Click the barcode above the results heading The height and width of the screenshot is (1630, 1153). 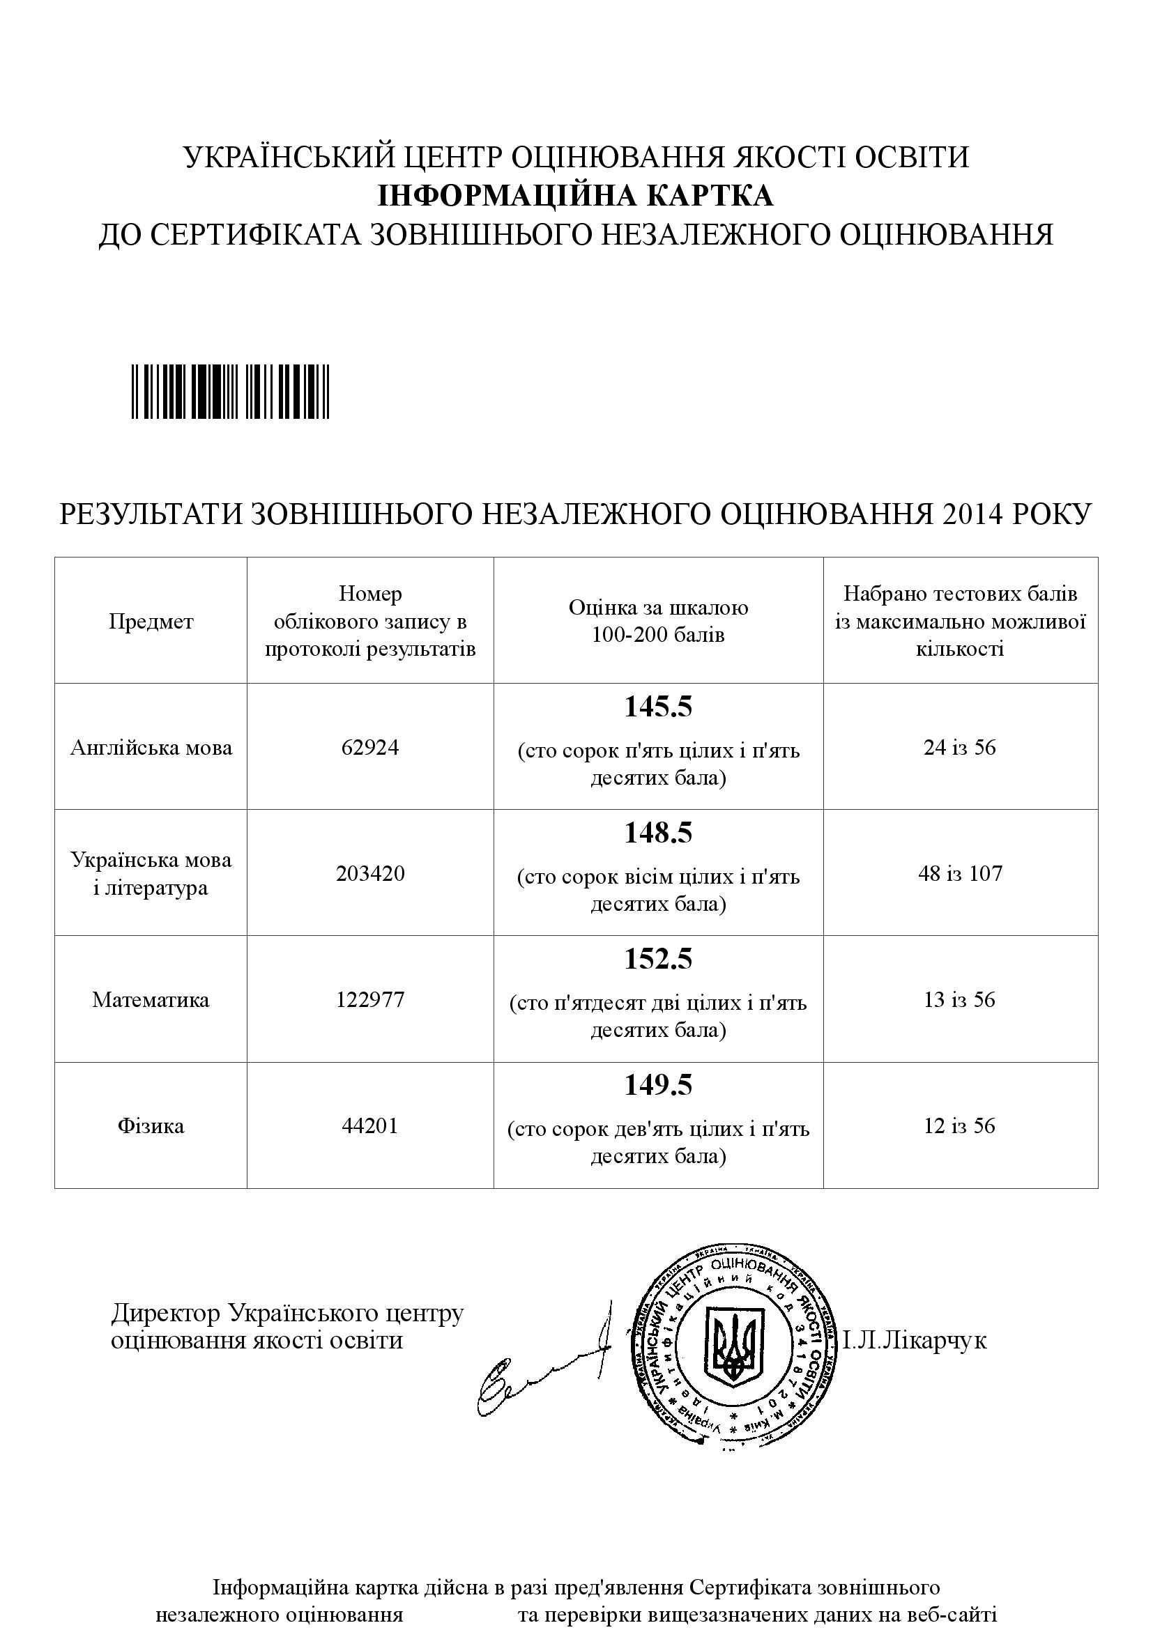[230, 391]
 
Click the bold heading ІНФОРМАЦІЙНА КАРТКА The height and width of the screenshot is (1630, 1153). [575, 196]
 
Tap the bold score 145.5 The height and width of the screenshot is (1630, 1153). [658, 708]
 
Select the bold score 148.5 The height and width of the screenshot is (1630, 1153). [658, 833]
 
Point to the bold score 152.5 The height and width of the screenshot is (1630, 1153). [658, 960]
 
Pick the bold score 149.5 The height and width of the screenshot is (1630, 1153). [658, 1086]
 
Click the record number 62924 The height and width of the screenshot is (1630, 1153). [370, 748]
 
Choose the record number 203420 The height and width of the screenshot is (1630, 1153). [370, 873]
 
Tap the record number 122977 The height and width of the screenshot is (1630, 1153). [370, 999]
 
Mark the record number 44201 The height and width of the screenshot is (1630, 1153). [370, 1126]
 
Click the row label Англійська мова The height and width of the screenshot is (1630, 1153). [151, 748]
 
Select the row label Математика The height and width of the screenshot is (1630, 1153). [151, 999]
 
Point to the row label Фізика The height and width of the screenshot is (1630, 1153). [151, 1126]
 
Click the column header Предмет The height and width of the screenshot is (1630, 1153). [151, 622]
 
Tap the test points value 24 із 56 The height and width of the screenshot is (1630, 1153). [960, 748]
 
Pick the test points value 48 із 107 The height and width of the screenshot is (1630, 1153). [960, 873]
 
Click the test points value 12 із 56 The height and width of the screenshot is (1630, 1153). [960, 1126]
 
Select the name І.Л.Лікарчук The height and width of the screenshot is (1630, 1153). [915, 1341]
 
